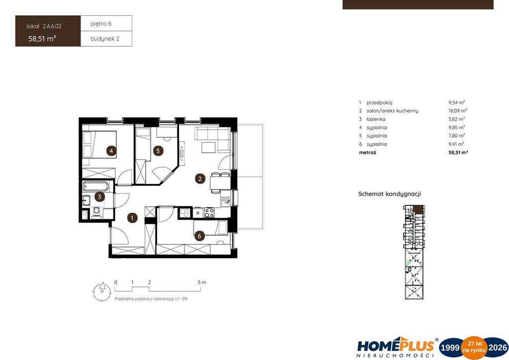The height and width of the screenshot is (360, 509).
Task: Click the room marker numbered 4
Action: (x=111, y=151)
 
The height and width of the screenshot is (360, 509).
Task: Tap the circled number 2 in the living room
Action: (x=200, y=179)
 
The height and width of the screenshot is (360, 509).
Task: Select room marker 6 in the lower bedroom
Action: (x=200, y=236)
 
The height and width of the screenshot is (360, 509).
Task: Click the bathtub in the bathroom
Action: (x=96, y=186)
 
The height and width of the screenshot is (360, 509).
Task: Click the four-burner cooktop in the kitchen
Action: (x=209, y=213)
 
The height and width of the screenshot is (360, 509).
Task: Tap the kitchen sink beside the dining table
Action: (x=226, y=201)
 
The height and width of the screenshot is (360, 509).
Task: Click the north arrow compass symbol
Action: (x=102, y=291)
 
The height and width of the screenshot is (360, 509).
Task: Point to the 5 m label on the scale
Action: (x=202, y=282)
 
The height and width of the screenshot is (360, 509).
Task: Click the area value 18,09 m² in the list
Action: (x=457, y=111)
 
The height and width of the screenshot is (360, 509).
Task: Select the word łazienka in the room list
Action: (x=376, y=119)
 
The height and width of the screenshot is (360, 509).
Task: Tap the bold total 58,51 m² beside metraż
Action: (x=458, y=152)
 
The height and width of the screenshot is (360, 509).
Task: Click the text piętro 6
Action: (x=101, y=24)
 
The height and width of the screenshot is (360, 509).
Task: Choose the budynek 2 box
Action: (x=106, y=39)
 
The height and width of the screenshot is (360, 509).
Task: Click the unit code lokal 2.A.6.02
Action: (x=44, y=26)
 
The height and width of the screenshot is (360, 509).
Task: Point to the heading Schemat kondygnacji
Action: (x=390, y=194)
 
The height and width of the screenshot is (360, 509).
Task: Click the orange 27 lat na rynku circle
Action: (x=475, y=348)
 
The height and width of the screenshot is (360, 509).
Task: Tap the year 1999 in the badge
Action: (x=449, y=348)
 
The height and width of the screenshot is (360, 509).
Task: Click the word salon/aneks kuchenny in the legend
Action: (x=393, y=111)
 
